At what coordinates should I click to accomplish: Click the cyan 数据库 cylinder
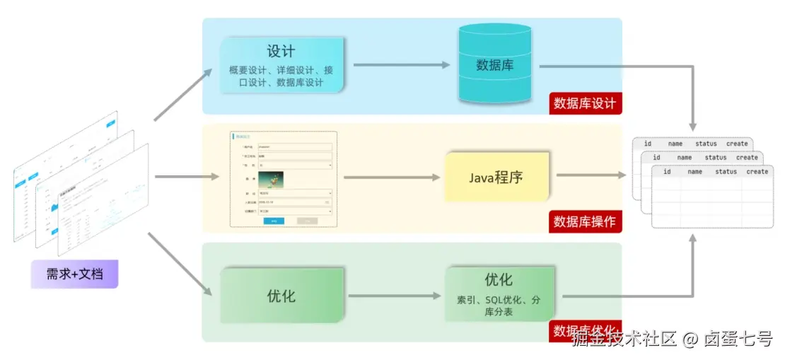tap(494, 64)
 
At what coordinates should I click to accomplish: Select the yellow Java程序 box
tap(496, 177)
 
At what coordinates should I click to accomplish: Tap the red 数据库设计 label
tap(584, 103)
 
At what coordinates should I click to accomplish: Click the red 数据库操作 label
tap(584, 221)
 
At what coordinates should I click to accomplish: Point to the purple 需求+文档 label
tap(74, 274)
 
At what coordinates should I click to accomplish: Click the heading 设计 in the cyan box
tap(281, 52)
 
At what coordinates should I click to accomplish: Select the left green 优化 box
tap(281, 296)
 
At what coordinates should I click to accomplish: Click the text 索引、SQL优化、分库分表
tap(499, 306)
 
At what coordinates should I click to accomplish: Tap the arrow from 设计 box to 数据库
tap(401, 65)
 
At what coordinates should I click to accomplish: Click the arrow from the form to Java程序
tap(391, 177)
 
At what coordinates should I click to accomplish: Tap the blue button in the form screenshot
tap(274, 221)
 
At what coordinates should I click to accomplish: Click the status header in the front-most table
tap(726, 172)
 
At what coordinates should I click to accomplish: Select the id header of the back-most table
tap(647, 144)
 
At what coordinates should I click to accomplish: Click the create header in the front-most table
tap(757, 172)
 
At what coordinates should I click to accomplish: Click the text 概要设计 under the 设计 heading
tap(249, 71)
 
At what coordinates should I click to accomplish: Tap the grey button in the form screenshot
tap(307, 221)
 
